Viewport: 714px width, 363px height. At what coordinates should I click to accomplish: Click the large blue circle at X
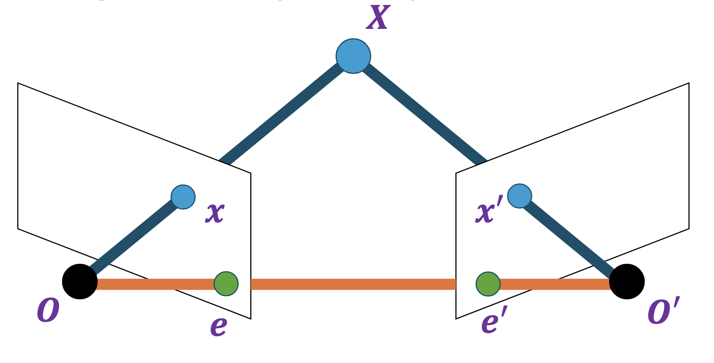coord(353,56)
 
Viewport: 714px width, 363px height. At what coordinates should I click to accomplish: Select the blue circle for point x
coord(183,197)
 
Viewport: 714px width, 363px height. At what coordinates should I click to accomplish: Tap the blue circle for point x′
coord(520,196)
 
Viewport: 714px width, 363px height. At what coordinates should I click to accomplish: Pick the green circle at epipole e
coord(226,284)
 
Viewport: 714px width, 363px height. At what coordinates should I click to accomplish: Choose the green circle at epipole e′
coord(488,284)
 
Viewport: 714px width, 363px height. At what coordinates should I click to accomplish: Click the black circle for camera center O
coord(80,281)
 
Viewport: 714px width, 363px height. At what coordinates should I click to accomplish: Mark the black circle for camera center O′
coord(626,281)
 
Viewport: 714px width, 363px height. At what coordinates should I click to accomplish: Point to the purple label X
coord(378,18)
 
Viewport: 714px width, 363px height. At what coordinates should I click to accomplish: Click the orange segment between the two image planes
coord(353,284)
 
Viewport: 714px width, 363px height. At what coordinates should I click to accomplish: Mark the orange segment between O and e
coord(154,284)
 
